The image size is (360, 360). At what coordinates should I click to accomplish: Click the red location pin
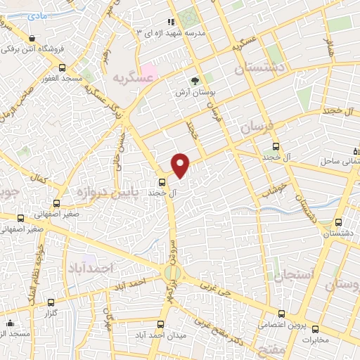pos(181,165)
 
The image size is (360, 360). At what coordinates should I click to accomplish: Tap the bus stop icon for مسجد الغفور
pos(62,68)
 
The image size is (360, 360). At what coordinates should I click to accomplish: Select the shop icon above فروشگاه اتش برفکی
pos(32,38)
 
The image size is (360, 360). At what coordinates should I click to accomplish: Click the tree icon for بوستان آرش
pos(195,80)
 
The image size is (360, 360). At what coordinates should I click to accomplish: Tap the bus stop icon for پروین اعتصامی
pos(282,314)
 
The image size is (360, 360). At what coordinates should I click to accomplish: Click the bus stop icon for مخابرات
pos(314,329)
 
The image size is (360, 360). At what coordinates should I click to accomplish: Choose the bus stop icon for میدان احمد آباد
pos(161,324)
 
